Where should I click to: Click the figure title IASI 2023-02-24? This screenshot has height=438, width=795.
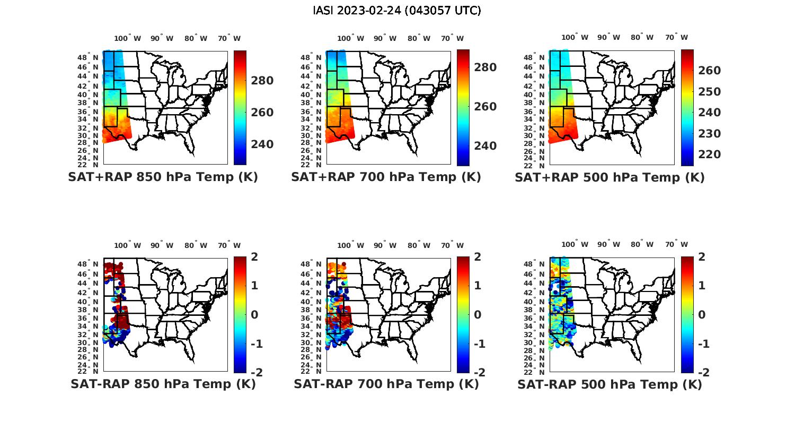(397, 11)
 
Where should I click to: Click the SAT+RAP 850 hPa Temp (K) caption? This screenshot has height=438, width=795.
(163, 177)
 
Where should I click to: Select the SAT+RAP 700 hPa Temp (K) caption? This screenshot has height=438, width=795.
(386, 177)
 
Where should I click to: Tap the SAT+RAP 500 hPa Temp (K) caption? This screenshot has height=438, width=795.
(609, 178)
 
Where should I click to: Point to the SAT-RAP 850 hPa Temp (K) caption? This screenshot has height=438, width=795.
(163, 384)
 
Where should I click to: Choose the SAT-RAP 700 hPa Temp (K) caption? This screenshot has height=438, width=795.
(386, 384)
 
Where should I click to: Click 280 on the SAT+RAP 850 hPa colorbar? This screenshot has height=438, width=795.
(262, 81)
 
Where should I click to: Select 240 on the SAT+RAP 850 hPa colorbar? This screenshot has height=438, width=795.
(262, 144)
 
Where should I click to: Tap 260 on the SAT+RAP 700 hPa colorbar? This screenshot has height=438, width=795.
(485, 107)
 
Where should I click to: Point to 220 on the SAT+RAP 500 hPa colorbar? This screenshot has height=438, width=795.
(709, 154)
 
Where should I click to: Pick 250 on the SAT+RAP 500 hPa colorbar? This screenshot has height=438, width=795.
(709, 92)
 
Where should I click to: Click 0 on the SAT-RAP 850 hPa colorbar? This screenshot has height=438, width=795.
(254, 315)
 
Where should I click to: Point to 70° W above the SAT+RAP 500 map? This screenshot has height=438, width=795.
(676, 38)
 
